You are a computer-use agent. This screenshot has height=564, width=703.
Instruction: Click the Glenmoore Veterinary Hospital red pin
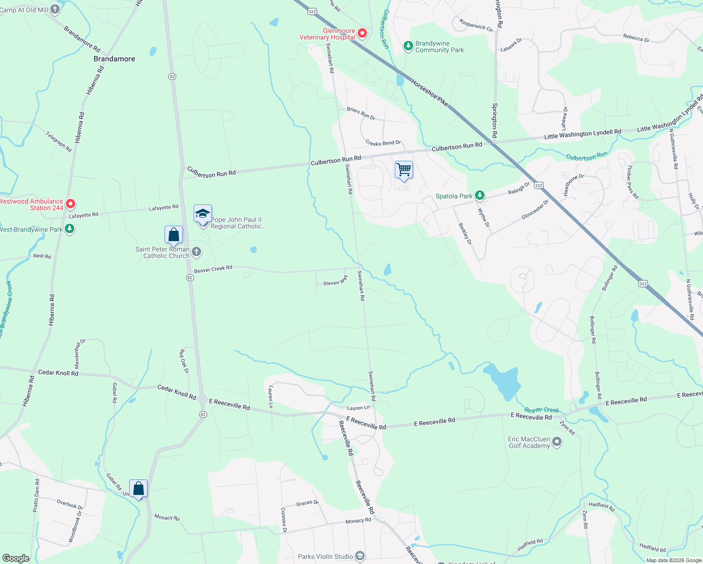pos(362,33)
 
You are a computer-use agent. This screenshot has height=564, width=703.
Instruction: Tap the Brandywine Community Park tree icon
pos(408,46)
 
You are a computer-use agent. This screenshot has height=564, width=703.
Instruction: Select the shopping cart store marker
pos(404,170)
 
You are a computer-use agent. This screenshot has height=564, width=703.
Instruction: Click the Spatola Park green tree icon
pos(479,195)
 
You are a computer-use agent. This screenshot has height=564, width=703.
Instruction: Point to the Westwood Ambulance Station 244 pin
pos(70,204)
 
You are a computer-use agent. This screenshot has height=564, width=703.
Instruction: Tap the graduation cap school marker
pos(203,214)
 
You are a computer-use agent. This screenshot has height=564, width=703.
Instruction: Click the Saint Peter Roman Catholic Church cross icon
pos(196,252)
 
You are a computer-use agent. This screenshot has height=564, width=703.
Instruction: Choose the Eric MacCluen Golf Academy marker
pos(557,442)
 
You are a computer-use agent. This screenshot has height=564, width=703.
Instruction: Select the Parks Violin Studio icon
pos(360,556)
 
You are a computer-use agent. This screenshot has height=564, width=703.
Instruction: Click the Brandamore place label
pos(114,59)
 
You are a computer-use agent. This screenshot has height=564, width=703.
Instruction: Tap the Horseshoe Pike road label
pos(430,92)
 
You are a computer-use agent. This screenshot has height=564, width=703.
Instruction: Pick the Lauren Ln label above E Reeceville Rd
pos(358,408)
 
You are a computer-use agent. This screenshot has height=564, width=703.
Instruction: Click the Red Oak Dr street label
pos(184,361)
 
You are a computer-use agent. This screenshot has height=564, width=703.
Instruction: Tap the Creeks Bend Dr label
pos(383,143)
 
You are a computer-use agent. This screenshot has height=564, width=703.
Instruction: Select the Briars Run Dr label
pos(361,113)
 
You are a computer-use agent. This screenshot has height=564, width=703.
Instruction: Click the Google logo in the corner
pos(15,558)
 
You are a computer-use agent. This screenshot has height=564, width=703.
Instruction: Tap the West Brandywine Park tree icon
pos(70,229)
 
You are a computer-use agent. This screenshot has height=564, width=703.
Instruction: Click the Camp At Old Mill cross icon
pos(55,9)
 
